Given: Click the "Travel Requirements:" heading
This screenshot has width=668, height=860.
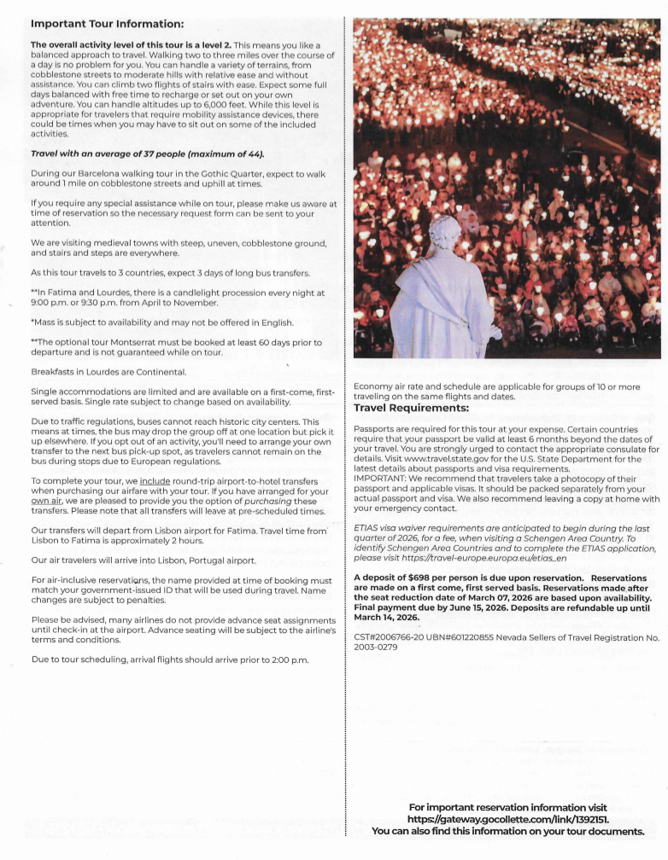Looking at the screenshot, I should (x=417, y=408).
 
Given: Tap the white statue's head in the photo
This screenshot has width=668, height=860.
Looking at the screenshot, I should (x=444, y=230).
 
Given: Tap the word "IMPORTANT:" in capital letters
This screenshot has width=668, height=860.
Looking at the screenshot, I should (x=384, y=479).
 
